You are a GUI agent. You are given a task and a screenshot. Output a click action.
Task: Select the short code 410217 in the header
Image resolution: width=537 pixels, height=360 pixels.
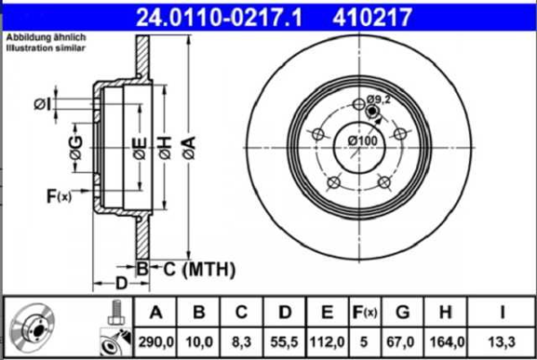[x=399, y=15]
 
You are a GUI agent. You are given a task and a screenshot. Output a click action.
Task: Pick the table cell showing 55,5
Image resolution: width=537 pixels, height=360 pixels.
[x=286, y=342]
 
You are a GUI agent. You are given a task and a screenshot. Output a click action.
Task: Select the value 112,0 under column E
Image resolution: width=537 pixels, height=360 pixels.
[x=328, y=342]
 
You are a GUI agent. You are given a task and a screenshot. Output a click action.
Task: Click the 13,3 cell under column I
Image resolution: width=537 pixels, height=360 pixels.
[x=504, y=342]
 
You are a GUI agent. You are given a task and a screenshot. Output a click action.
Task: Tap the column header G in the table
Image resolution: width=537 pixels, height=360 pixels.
[x=403, y=313]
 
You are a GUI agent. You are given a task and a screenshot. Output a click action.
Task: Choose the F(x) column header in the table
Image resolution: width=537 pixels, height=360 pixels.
[x=365, y=313]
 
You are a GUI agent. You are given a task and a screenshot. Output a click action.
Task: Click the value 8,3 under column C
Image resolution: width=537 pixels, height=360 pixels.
[x=243, y=342]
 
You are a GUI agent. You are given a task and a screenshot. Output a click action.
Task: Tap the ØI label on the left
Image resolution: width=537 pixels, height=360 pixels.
[x=41, y=105]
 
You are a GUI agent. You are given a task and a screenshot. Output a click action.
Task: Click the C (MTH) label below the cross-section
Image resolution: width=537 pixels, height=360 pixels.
[x=198, y=268]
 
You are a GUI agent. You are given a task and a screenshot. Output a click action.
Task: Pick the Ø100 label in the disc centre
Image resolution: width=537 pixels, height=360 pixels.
[x=362, y=141]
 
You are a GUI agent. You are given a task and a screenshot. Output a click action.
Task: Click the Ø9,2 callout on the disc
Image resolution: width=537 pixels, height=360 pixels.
[x=380, y=99]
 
